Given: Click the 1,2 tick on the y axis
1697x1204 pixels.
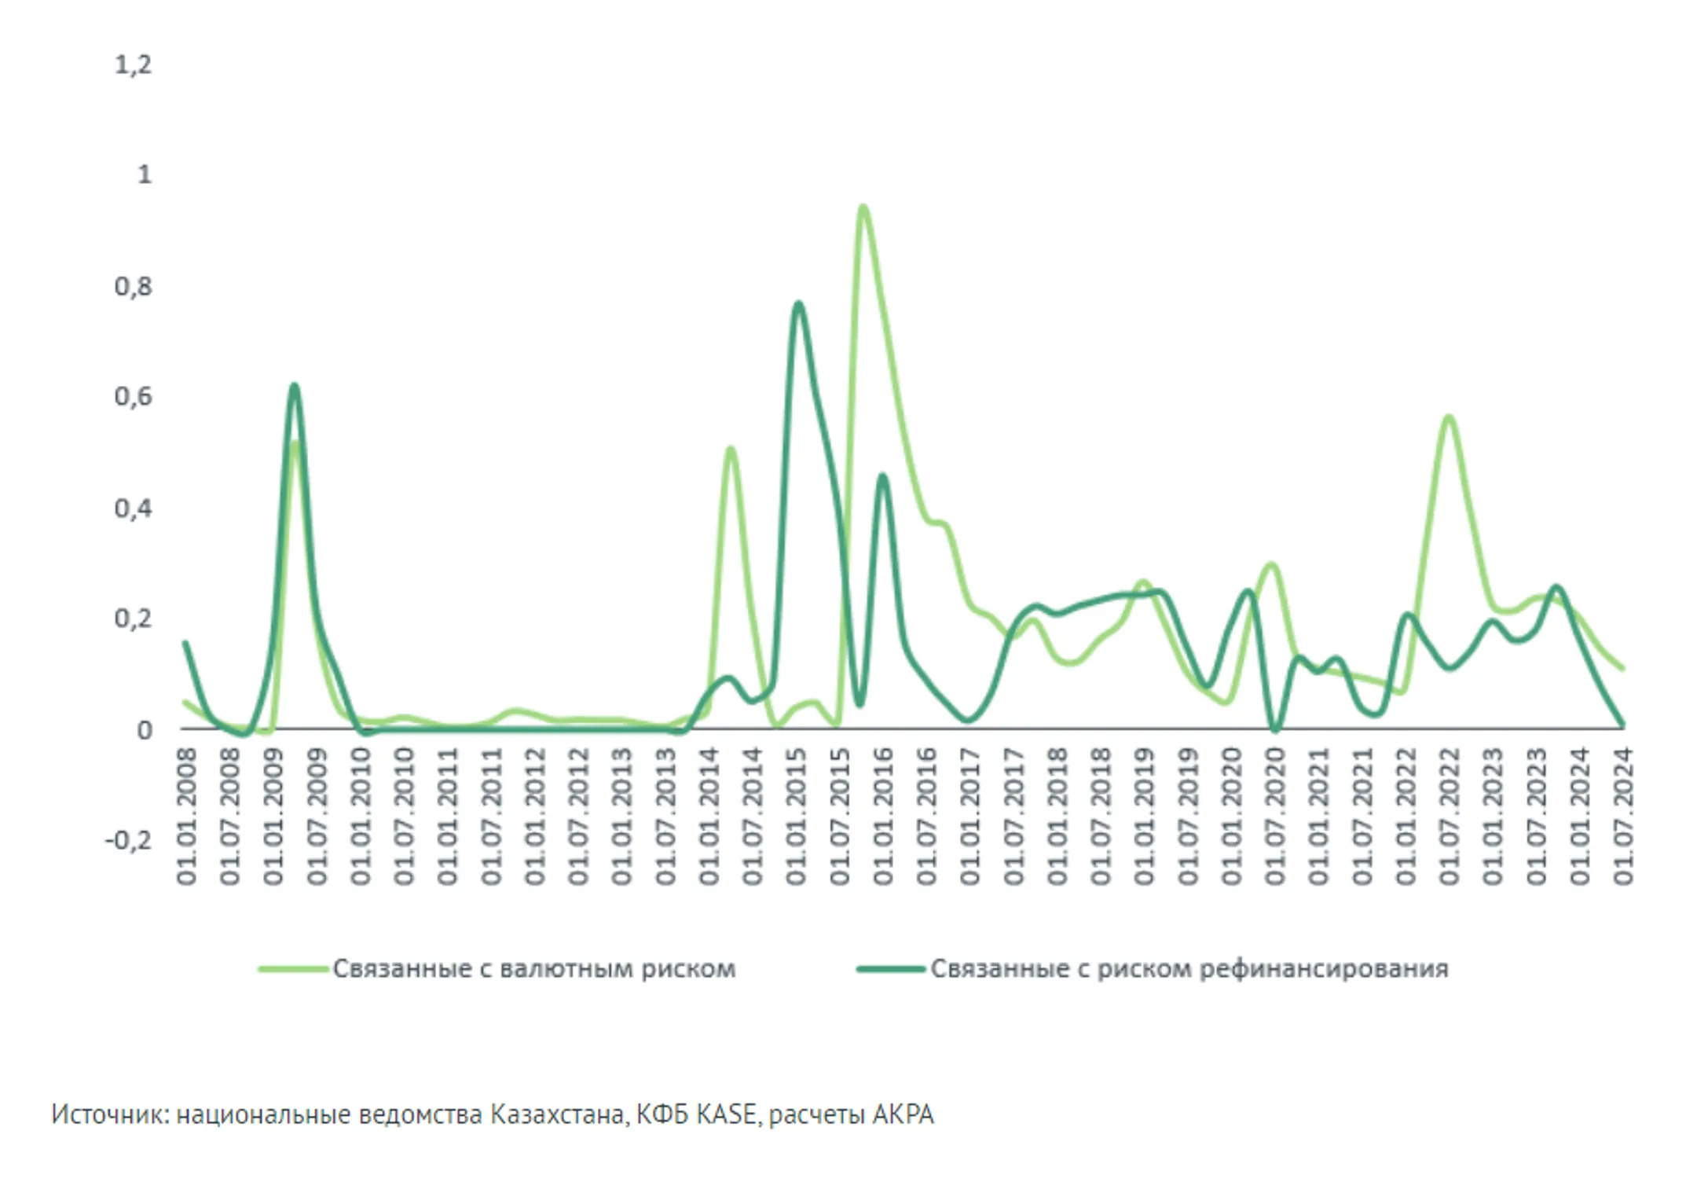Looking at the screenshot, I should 133,64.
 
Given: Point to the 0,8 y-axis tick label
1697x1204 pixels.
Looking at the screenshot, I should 133,287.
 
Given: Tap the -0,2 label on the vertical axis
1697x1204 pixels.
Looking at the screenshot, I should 128,841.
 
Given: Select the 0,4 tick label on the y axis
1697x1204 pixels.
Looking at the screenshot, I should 133,508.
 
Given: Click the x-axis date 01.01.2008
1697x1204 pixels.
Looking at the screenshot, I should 187,817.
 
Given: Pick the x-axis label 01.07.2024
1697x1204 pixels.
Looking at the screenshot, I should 1624,817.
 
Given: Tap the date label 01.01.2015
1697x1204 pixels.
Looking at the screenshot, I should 797,817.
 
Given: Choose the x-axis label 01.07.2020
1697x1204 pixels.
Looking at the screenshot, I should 1275,817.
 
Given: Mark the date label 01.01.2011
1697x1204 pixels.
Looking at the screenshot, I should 448,817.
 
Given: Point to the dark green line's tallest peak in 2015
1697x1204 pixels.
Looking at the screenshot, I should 798,303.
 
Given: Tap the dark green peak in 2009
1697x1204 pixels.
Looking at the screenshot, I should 294,386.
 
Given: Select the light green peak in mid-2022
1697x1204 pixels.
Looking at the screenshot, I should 1449,417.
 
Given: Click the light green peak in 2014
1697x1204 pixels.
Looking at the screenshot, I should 731,449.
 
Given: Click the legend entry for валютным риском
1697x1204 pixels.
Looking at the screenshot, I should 534,969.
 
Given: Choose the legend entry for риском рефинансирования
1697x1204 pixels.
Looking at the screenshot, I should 1189,969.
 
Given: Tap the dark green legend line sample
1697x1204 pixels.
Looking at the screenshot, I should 890,969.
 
